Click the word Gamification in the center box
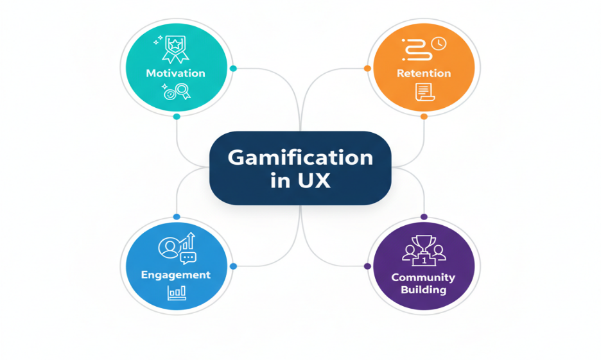coord(300,157)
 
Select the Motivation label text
coord(175,73)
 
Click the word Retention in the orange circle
coord(424,73)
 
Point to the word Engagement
coord(176,275)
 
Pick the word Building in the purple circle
coord(424,289)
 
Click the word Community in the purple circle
coord(424,277)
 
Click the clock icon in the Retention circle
coord(440,44)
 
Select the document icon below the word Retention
coord(423,92)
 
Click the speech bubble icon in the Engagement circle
coord(187,258)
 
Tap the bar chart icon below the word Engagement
coord(177,293)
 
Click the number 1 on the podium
coord(424,260)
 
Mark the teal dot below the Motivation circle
coord(177,117)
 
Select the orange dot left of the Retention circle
coord(367,68)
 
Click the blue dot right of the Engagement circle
coord(233,266)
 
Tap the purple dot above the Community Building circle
coord(424,217)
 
